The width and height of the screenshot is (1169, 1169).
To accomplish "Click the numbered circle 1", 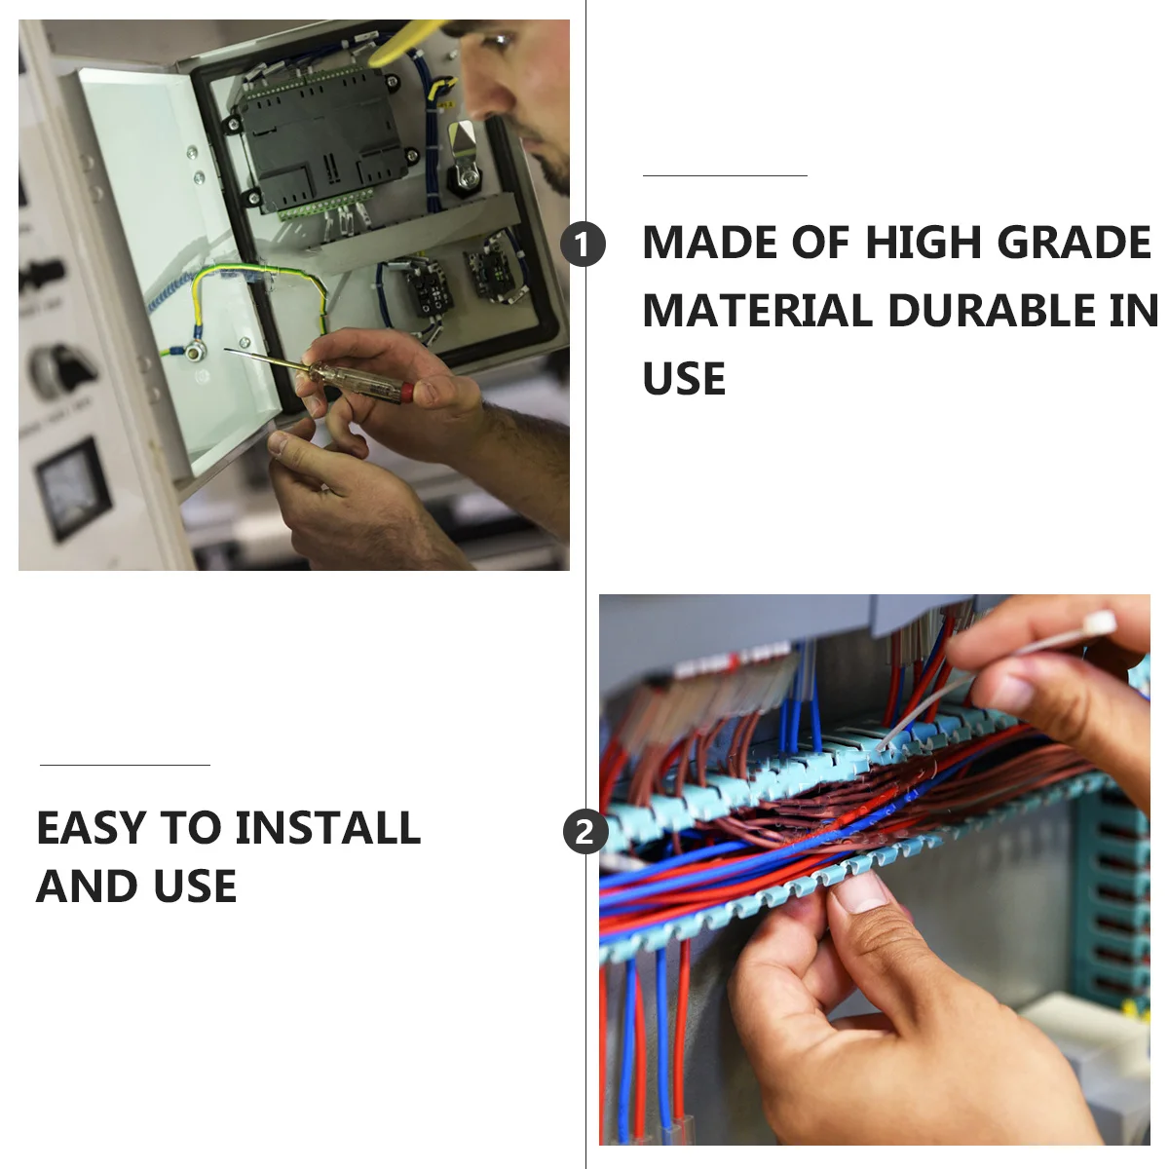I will (x=583, y=244).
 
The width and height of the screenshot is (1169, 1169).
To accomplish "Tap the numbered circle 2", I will (x=584, y=832).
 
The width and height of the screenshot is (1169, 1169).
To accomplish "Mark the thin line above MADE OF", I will (x=725, y=176).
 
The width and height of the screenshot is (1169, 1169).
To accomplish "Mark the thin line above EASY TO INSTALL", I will (x=125, y=765).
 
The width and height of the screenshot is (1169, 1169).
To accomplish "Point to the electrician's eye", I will (x=500, y=42).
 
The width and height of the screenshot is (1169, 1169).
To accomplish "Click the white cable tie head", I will (x=1097, y=623).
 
